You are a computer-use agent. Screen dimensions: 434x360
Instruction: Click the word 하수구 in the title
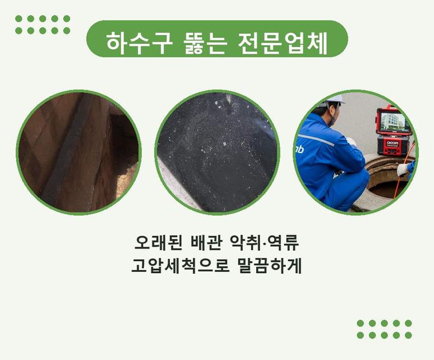140,43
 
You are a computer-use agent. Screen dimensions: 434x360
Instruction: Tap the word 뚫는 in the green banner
206,43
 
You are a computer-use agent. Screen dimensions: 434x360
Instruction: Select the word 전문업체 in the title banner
283,43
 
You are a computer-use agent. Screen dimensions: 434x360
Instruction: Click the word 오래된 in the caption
159,243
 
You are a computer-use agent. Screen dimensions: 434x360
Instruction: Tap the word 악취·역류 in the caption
265,243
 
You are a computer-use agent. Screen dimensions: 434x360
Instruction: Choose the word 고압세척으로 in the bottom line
180,265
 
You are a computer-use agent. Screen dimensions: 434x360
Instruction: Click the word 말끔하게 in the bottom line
270,265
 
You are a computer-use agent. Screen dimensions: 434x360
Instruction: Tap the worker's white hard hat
333,99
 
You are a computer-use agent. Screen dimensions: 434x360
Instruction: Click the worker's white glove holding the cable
403,169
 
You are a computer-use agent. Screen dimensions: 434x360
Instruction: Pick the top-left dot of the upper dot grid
19,19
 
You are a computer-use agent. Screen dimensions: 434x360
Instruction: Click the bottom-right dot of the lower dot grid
408,335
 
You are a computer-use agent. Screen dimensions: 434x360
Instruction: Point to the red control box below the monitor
392,145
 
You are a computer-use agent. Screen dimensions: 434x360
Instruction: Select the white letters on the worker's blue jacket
300,150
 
